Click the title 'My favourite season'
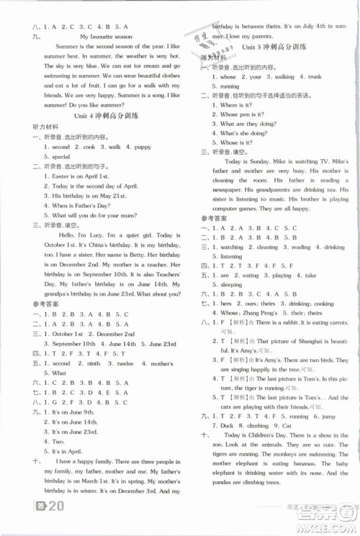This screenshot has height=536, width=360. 108,36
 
